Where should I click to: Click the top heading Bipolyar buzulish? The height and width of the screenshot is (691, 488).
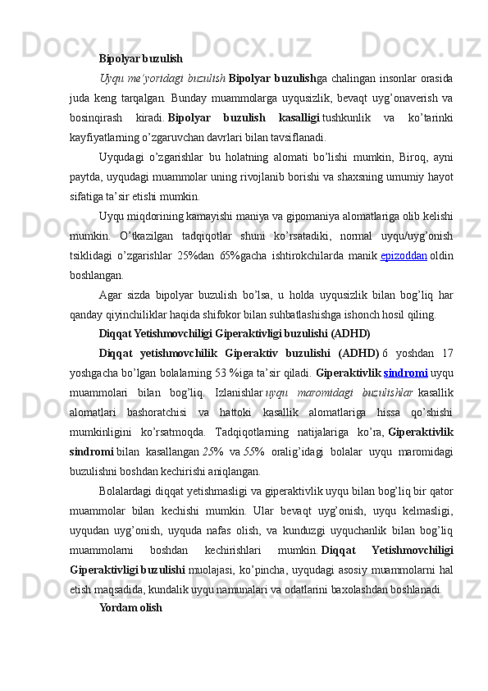point(140,59)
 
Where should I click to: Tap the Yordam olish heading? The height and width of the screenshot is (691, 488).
point(130,608)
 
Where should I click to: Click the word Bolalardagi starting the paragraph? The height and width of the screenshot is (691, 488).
point(127,491)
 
